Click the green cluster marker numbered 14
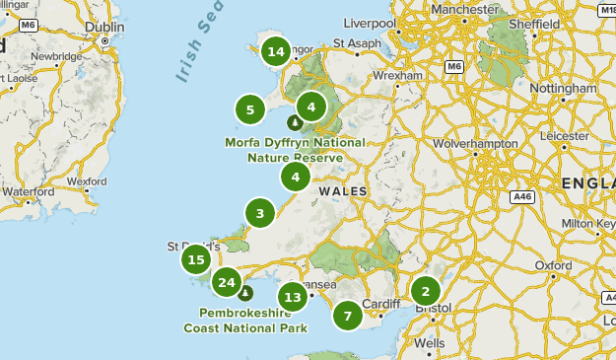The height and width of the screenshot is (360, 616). (276, 51)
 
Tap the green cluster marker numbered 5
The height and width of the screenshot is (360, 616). (250, 109)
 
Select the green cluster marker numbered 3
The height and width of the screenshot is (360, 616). (260, 213)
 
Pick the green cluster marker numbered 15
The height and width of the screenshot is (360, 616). (196, 260)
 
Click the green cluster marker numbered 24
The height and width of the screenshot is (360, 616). (227, 283)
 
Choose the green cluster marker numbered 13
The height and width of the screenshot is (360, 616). (292, 296)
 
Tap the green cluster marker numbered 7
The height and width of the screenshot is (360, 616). (347, 317)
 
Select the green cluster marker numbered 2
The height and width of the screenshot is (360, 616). (426, 291)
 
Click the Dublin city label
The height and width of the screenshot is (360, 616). (104, 28)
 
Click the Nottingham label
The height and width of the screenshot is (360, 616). (563, 88)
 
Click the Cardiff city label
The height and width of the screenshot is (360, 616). (381, 303)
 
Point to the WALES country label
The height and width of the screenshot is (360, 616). (343, 190)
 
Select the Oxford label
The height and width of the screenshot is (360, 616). (553, 265)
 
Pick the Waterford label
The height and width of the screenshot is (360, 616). (28, 191)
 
